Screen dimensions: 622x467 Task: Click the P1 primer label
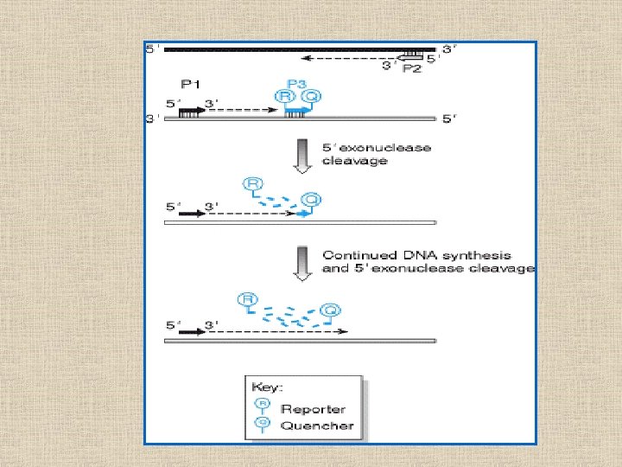(x=190, y=83)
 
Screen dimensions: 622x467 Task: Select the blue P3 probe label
(x=296, y=83)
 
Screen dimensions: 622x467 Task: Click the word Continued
(x=353, y=255)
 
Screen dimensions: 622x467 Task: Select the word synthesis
(x=477, y=255)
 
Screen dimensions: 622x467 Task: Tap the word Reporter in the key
(x=313, y=409)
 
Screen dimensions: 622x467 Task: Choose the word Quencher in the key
(x=316, y=425)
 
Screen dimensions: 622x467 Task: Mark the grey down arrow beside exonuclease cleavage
(x=301, y=156)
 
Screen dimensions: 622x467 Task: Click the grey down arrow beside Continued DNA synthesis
(x=301, y=262)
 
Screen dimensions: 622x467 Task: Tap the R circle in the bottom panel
(x=247, y=300)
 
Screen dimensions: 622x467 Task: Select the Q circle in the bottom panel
(x=329, y=310)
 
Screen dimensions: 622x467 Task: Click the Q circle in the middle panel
(x=311, y=201)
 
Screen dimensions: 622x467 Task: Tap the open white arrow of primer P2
(x=414, y=57)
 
